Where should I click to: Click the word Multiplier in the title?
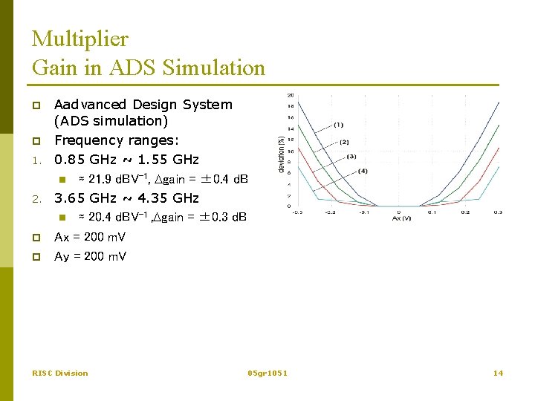tap(80, 39)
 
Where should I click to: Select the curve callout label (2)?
tap(344, 141)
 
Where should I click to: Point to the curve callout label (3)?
tap(351, 157)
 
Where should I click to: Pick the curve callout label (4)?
tap(362, 172)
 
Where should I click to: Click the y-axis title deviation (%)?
tap(281, 154)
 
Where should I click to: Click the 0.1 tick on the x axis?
tap(431, 212)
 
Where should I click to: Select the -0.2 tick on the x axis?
tap(330, 212)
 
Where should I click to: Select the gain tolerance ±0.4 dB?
tap(221, 179)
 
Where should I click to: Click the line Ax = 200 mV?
tap(90, 237)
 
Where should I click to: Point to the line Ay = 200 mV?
tap(90, 256)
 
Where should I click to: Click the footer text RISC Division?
tap(60, 373)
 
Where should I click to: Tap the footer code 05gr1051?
tap(267, 373)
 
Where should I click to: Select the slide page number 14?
tap(498, 373)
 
